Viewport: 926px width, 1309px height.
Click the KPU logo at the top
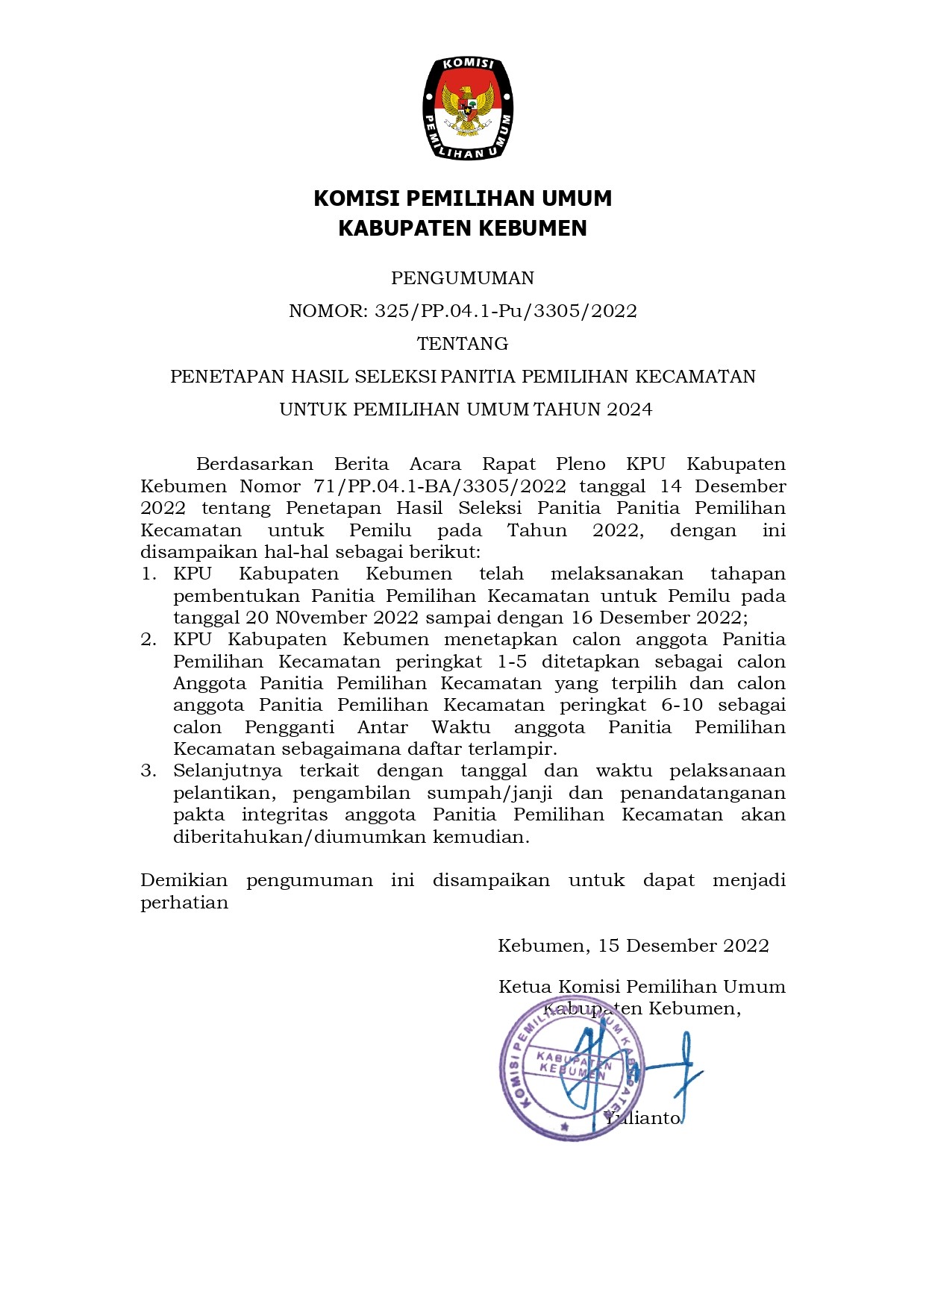coord(467,108)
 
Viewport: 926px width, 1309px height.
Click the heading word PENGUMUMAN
coord(463,278)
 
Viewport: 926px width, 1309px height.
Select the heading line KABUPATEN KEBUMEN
coord(463,227)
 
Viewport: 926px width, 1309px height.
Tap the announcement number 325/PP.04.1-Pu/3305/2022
coord(505,311)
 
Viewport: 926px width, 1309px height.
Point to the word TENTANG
coord(463,344)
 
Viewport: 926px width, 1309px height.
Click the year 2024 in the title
coord(629,409)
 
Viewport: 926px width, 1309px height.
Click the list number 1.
coord(148,574)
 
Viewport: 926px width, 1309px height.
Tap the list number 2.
coord(148,639)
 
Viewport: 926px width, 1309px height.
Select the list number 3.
coord(148,770)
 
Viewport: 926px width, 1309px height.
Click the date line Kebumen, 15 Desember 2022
coord(633,946)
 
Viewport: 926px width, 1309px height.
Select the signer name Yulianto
coord(643,1118)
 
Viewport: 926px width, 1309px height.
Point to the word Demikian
coord(184,880)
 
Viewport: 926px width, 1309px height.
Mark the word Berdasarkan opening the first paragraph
coord(254,464)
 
